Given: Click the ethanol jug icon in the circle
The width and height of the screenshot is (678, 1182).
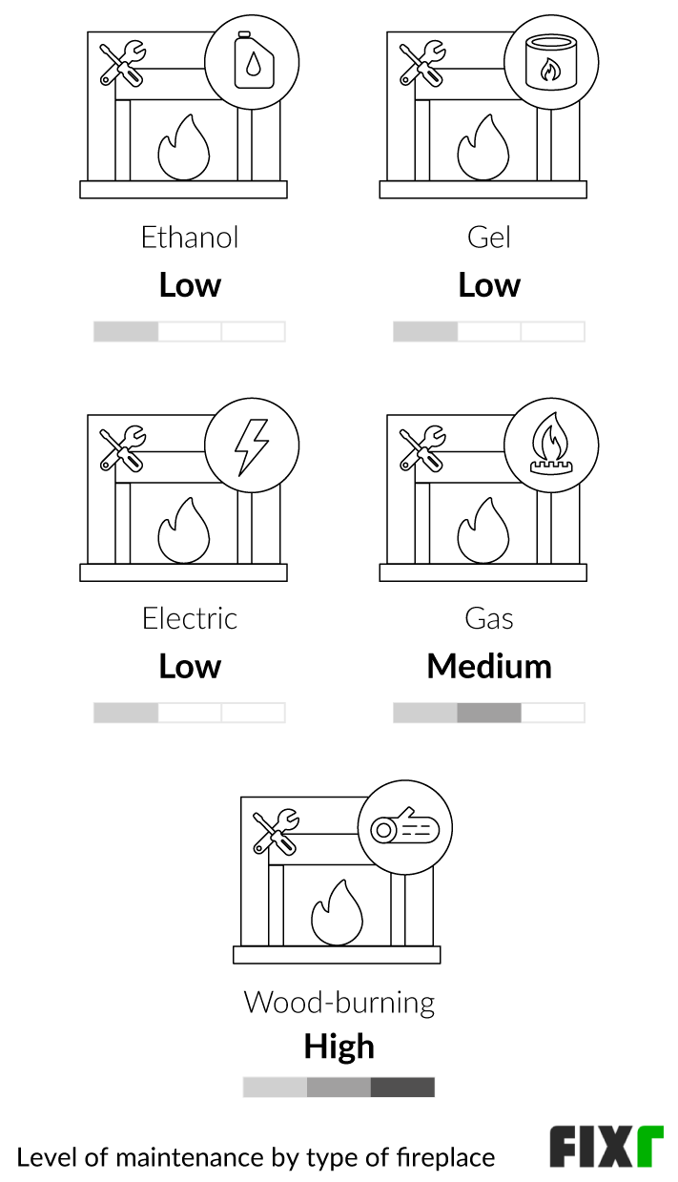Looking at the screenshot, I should point(253,64).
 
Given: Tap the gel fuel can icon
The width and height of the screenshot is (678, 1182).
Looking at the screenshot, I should point(551,64).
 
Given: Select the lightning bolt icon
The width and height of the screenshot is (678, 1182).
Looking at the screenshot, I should point(253,446).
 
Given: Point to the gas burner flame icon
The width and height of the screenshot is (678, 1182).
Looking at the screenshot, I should point(551,446).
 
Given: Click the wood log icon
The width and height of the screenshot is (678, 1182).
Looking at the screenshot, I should point(405,828).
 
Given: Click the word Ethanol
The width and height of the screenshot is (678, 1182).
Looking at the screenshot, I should point(190,238).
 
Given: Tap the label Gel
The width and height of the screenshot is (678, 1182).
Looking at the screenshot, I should point(489,238).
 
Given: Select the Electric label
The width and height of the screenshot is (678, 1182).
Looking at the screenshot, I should point(190,619).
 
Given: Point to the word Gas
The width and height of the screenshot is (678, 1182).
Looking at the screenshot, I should point(489,619).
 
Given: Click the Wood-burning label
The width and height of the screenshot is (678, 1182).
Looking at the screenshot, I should point(339,1003).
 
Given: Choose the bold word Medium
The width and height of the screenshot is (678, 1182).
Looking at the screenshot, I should point(489,666).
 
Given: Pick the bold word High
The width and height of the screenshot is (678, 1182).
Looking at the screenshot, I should point(339,1047).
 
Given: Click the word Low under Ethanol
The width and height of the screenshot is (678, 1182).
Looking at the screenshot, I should point(190,285).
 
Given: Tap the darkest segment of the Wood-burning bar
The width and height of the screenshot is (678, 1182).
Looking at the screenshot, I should point(402,1088).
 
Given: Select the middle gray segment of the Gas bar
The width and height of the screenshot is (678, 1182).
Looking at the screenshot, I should point(489,713).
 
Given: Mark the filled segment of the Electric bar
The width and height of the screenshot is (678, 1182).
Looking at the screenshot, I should point(126,713).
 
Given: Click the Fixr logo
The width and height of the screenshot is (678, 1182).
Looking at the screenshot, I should point(606,1148).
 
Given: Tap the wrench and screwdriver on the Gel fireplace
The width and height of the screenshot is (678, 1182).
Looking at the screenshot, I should point(421,62).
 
